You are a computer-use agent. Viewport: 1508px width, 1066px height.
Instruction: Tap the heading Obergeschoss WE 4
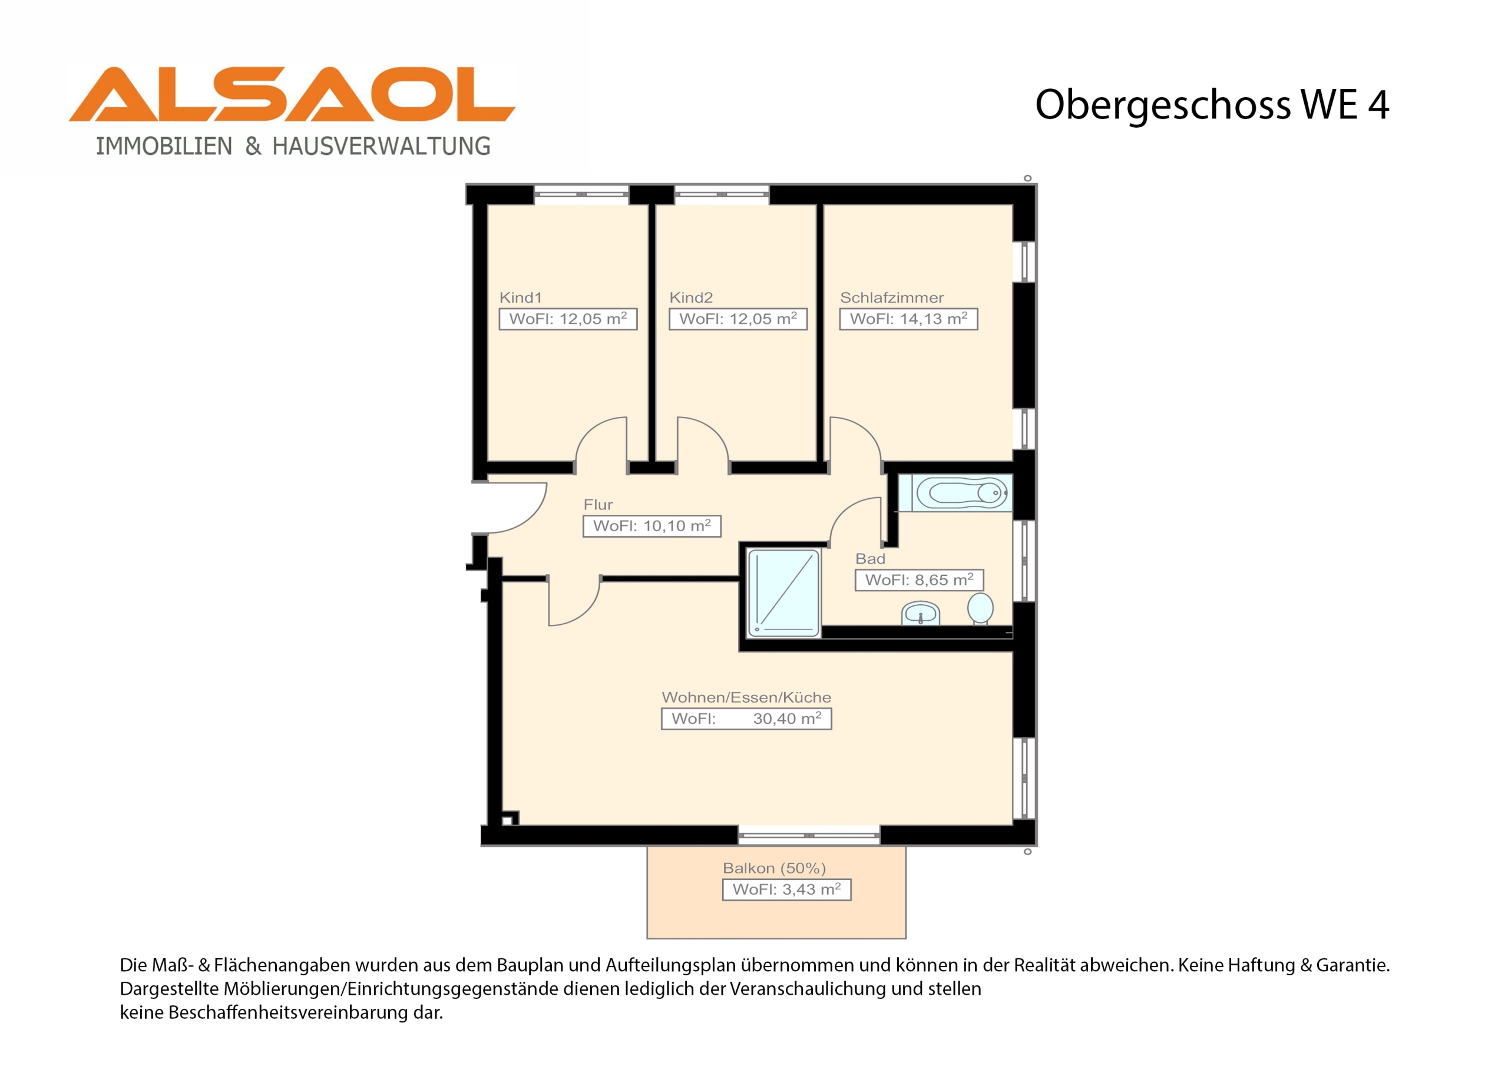click(x=1212, y=105)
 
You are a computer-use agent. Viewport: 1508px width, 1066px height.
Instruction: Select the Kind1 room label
click(x=521, y=297)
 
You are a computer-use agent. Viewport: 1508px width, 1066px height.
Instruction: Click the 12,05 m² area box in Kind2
click(x=738, y=319)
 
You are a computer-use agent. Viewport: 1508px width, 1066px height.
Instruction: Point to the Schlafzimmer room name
click(x=892, y=297)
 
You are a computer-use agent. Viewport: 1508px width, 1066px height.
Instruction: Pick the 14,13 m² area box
click(x=908, y=319)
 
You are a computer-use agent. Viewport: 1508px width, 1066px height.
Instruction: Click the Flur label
click(x=598, y=504)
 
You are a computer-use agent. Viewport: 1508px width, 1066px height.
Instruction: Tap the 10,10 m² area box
click(x=652, y=526)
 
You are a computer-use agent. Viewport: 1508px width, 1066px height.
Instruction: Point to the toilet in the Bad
click(x=980, y=609)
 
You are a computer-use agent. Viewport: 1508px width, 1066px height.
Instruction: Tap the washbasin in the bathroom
click(x=920, y=614)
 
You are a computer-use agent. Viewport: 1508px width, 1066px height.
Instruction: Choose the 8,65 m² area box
click(x=919, y=580)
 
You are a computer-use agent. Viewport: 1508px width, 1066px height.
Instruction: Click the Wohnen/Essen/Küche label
click(x=746, y=697)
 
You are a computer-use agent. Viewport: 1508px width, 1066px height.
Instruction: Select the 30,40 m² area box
click(x=746, y=719)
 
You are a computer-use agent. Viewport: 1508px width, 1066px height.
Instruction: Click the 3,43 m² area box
click(x=787, y=889)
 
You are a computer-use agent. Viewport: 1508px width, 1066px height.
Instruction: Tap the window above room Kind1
click(x=581, y=194)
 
